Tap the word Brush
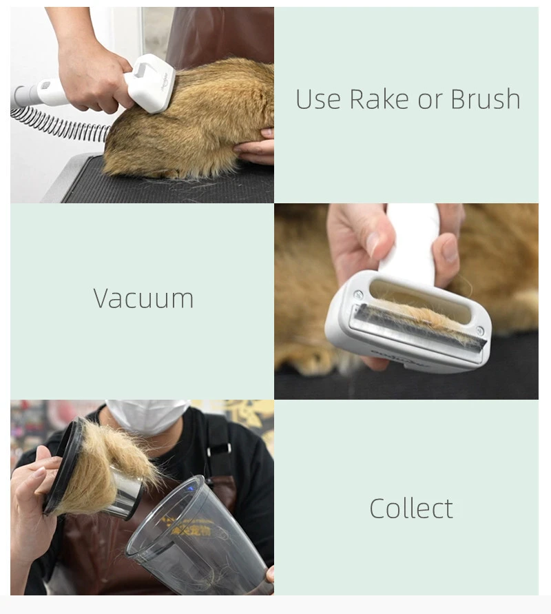coord(486,99)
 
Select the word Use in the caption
coord(319,99)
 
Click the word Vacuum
coord(143,298)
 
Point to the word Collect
coord(411,509)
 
